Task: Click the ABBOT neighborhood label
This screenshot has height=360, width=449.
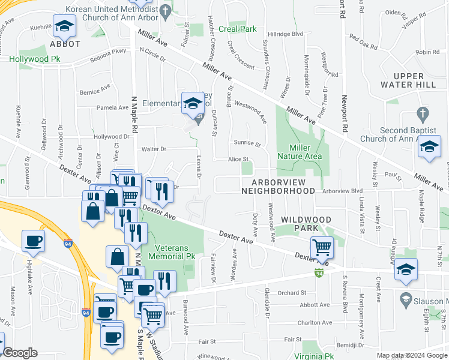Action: [65, 44]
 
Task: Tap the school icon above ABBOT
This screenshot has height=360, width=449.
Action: [64, 25]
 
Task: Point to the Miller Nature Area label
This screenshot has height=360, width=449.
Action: [300, 152]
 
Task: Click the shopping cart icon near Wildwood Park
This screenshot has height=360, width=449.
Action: [322, 246]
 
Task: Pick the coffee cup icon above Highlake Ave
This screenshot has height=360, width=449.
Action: [33, 240]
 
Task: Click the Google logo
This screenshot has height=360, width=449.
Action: [20, 352]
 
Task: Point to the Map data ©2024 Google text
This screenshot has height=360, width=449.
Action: [412, 355]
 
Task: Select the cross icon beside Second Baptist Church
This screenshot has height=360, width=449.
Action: [423, 113]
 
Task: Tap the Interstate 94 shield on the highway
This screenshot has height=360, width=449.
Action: [86, 313]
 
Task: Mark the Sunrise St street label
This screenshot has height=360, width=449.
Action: [247, 144]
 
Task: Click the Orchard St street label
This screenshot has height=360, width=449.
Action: [292, 293]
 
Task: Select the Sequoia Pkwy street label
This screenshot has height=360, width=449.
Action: [109, 52]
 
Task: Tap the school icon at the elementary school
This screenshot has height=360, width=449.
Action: [193, 103]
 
